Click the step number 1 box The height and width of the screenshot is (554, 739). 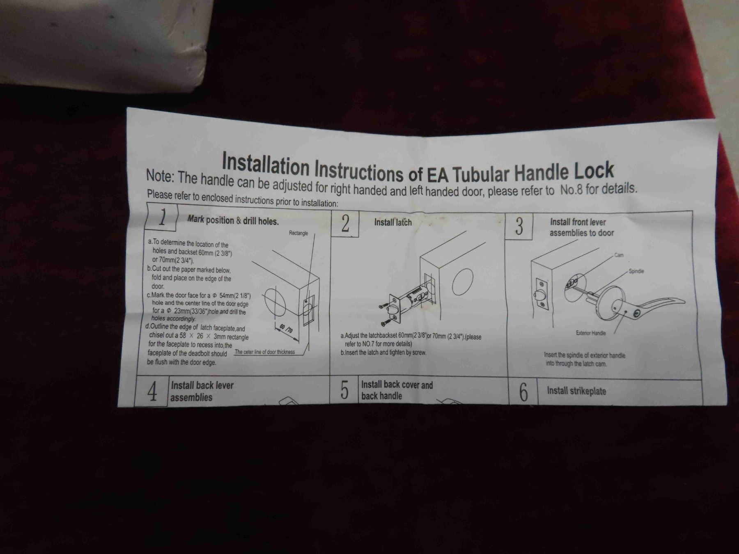(161, 217)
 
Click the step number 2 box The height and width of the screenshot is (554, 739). (345, 224)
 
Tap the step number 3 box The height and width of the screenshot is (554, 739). (519, 226)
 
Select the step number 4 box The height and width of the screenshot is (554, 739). (151, 391)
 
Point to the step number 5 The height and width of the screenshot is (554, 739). (344, 390)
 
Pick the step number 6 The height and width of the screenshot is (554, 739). (523, 392)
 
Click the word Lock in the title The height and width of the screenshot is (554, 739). (594, 170)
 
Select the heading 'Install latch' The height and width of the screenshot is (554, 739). (392, 222)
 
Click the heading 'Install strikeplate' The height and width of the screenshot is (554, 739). (576, 391)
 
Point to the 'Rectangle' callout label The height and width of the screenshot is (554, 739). (298, 233)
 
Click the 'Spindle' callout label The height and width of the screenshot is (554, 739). (636, 271)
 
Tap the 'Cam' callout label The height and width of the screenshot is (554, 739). (619, 255)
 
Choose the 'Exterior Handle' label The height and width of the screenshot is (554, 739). (591, 333)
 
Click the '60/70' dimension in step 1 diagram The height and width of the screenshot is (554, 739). (286, 328)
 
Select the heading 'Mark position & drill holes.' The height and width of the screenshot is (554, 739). (233, 220)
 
